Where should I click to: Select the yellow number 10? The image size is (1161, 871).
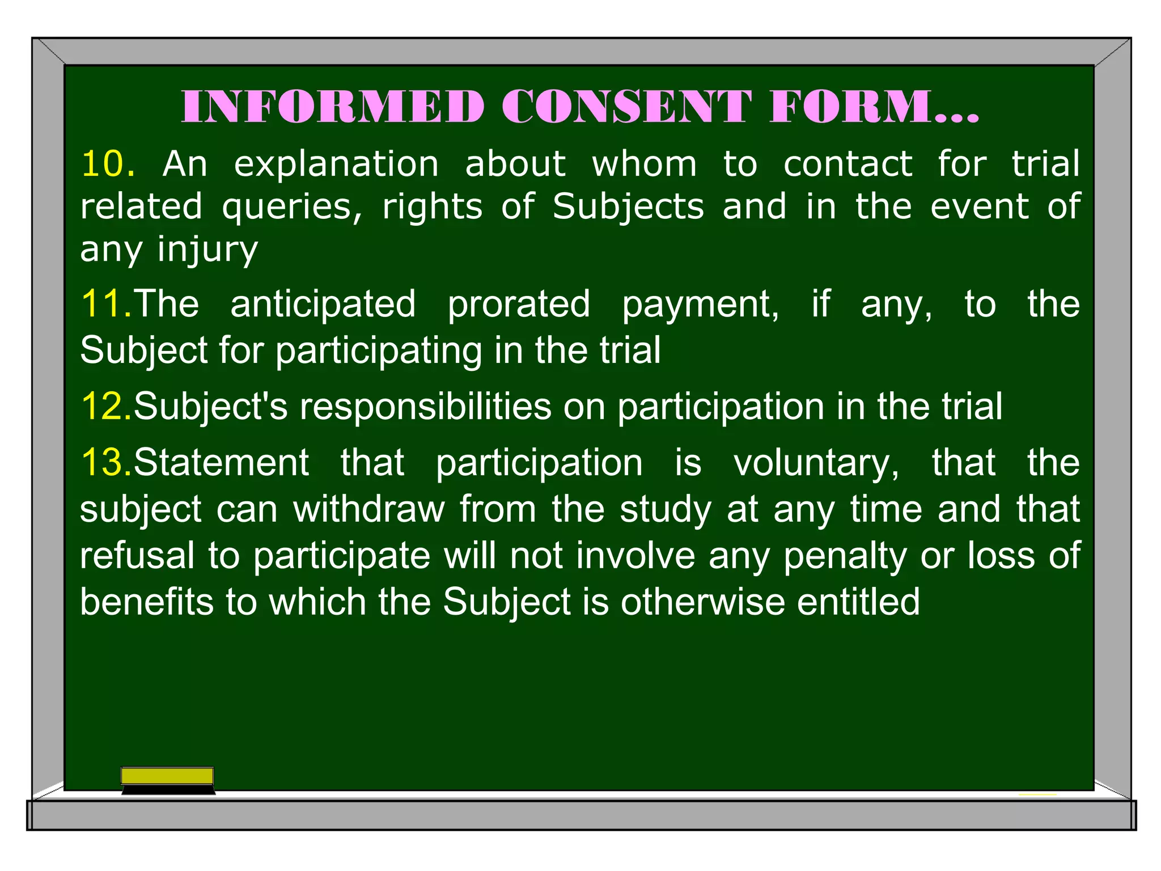pyautogui.click(x=108, y=164)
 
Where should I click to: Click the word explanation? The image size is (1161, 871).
pyautogui.click(x=336, y=165)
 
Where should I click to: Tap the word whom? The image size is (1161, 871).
pyautogui.click(x=644, y=164)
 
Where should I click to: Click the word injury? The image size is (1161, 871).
pyautogui.click(x=207, y=250)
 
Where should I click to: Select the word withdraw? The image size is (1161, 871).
pyautogui.click(x=368, y=509)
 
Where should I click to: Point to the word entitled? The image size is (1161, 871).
pyautogui.click(x=858, y=602)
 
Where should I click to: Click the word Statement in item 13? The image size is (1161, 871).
pyautogui.click(x=221, y=462)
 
